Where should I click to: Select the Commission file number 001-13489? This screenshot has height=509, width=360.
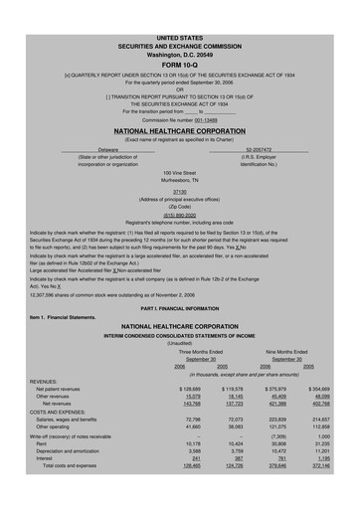pyautogui.click(x=180, y=120)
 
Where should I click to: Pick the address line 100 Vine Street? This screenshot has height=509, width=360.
pyautogui.click(x=180, y=172)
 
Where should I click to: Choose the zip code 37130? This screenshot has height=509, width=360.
pyautogui.click(x=180, y=192)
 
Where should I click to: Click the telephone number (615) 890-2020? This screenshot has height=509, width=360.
pyautogui.click(x=180, y=212)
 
